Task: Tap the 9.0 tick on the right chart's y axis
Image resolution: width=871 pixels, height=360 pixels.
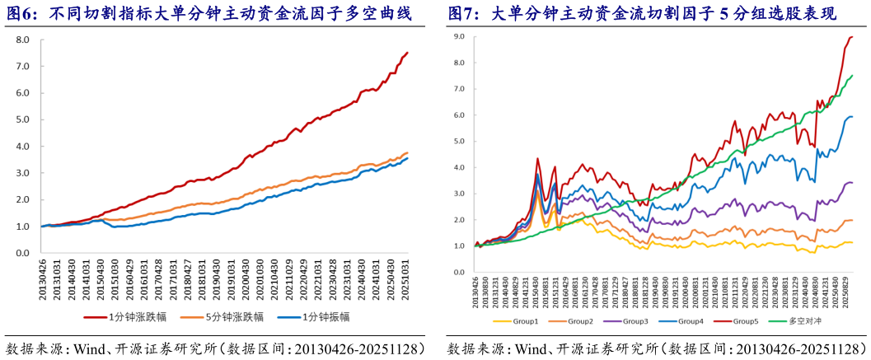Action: (459, 37)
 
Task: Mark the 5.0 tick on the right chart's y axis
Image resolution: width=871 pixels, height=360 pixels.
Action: (459, 142)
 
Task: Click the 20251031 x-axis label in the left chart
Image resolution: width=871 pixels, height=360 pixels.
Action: (405, 277)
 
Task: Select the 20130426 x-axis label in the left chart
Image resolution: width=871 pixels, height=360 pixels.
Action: (43, 277)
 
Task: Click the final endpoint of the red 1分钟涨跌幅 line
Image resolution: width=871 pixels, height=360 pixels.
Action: (407, 53)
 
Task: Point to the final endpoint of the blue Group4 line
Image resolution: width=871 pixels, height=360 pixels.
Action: (852, 116)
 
